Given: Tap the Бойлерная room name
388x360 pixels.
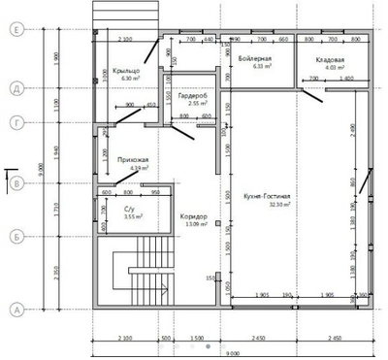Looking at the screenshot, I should pos(253,60).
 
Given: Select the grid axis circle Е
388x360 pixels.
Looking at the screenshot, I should pos(16,31).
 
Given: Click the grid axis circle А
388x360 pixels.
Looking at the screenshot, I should pos(16,310).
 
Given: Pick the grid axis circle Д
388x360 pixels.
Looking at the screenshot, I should pos(16,88).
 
